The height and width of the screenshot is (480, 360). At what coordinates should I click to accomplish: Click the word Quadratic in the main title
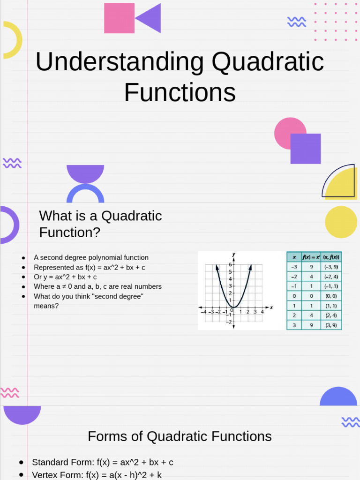(x=268, y=62)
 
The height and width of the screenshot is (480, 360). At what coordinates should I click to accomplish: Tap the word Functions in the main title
(x=180, y=92)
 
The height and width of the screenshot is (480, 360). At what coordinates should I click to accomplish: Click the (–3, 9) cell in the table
(x=331, y=266)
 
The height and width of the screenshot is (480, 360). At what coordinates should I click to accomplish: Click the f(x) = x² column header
(x=311, y=257)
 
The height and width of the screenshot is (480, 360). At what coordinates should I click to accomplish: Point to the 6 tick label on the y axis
(x=230, y=264)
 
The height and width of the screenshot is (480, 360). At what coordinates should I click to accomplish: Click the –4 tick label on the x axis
(x=203, y=312)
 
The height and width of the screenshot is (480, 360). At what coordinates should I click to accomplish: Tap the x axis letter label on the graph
(x=271, y=307)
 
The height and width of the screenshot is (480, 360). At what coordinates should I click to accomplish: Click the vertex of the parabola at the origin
(x=233, y=307)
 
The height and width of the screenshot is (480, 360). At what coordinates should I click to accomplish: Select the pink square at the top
(x=119, y=18)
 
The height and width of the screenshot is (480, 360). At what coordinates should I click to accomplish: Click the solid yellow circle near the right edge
(x=341, y=222)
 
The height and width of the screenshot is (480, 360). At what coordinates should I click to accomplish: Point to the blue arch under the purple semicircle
(x=85, y=193)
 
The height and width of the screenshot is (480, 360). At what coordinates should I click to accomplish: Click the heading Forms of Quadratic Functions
(x=180, y=436)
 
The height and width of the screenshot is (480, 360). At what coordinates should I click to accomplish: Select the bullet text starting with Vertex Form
(x=97, y=475)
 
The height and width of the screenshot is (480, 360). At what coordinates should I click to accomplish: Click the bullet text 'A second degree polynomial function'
(x=91, y=257)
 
